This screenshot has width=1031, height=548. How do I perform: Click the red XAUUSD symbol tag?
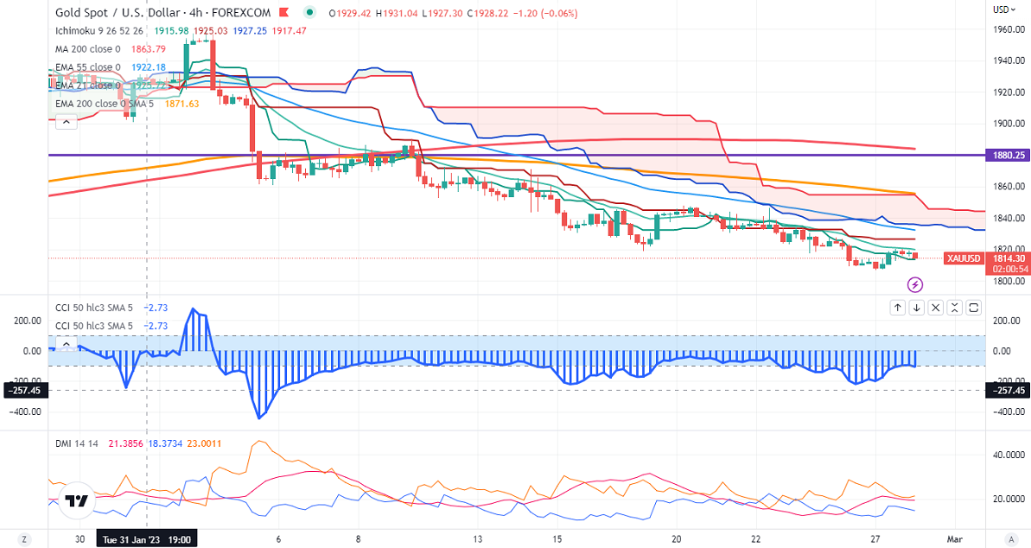pyautogui.click(x=962, y=258)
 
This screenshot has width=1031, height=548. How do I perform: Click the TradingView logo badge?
pyautogui.click(x=76, y=501)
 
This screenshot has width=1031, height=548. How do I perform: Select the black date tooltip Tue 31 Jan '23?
pyautogui.click(x=145, y=538)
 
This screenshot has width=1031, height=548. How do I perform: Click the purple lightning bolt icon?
pyautogui.click(x=915, y=284)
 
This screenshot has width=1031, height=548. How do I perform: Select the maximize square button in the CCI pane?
pyautogui.click(x=974, y=307)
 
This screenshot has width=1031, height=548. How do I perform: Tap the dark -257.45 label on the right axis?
pyautogui.click(x=1007, y=391)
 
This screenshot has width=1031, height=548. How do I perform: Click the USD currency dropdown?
pyautogui.click(x=1002, y=10)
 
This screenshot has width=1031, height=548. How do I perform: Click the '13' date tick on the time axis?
pyautogui.click(x=477, y=538)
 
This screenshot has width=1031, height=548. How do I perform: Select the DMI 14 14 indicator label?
pyautogui.click(x=76, y=443)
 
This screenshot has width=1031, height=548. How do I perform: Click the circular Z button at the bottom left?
pyautogui.click(x=25, y=539)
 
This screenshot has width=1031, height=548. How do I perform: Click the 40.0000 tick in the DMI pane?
pyautogui.click(x=1008, y=454)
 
